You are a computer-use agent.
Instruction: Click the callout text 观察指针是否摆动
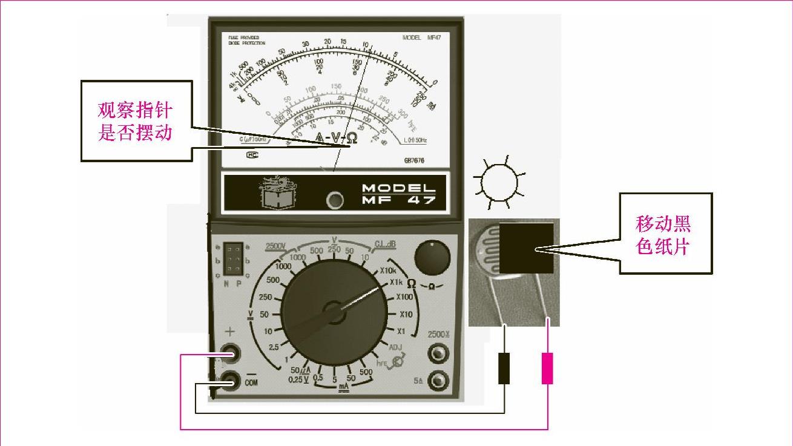pyautogui.click(x=136, y=121)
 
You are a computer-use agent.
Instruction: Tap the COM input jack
pyautogui.click(x=231, y=381)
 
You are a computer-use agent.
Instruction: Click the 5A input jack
pyautogui.click(x=438, y=381)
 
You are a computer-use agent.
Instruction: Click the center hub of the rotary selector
pyautogui.click(x=334, y=312)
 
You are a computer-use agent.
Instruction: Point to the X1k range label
pyautogui.click(x=396, y=282)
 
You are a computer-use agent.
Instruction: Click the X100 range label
pyautogui.click(x=404, y=297)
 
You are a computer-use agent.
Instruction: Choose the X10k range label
pyautogui.click(x=391, y=270)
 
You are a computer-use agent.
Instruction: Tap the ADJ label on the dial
pyautogui.click(x=395, y=347)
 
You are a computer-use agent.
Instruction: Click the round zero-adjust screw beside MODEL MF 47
pyautogui.click(x=334, y=200)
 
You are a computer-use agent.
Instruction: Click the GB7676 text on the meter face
pyautogui.click(x=414, y=161)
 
